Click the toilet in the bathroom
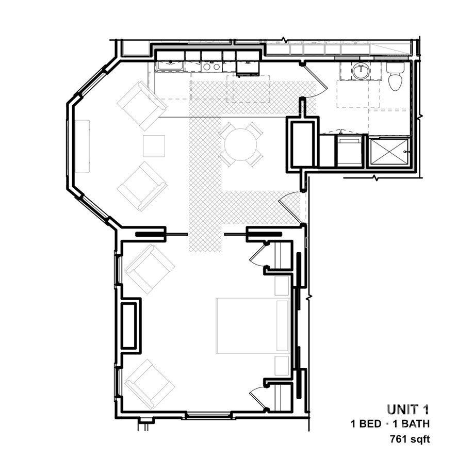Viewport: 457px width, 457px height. tap(395, 75)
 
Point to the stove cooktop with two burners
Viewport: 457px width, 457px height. tap(210, 66)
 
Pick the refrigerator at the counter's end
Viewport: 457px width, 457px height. tap(248, 66)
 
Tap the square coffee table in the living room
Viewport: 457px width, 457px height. tap(154, 146)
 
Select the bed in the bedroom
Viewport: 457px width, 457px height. tap(252, 325)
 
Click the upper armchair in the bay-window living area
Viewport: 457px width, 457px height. tap(141, 106)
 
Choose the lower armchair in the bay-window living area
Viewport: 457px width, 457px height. tap(141, 186)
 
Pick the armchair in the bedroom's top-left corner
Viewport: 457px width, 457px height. tap(150, 268)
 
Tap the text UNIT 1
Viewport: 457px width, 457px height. tap(407, 410)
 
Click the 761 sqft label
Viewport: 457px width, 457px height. tap(410, 439)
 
